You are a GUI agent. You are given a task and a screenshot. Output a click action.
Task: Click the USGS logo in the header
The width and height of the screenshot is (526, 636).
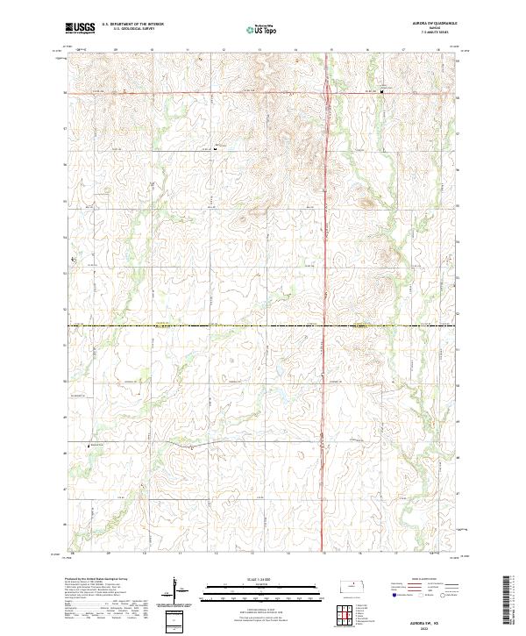(80, 28)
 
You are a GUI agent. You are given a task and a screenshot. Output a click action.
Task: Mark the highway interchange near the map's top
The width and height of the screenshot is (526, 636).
(328, 90)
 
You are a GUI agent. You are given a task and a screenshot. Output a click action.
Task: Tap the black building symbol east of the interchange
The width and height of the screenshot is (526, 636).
(382, 90)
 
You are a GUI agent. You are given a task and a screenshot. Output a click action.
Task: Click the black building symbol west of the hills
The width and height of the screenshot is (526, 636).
(216, 147)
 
